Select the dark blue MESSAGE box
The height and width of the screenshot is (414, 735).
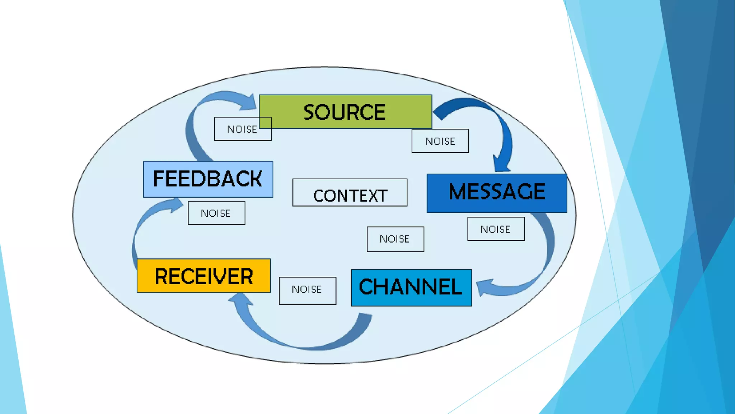coord(497,193)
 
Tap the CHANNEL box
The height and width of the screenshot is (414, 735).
coord(411,287)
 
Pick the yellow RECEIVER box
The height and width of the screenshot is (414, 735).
coord(203,276)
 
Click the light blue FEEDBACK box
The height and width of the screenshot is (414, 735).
coord(208,179)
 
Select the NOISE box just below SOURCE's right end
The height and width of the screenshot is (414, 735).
coord(440,141)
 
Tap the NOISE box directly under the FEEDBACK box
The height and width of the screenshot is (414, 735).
coord(216,213)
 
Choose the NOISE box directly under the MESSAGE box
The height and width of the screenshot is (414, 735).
coord(496,229)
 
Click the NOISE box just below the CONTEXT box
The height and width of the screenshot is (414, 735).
coord(395,239)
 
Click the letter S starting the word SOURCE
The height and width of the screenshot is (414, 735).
coord(311,112)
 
